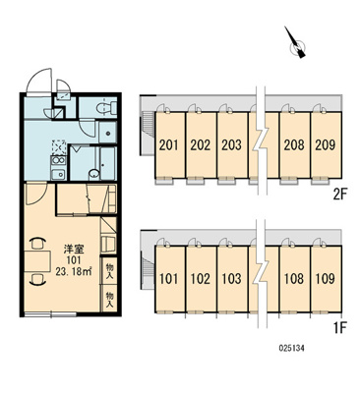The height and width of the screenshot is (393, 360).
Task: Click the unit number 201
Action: (x=169, y=145)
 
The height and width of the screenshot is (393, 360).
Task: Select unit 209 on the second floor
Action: (x=326, y=145)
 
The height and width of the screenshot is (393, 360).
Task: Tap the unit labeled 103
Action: (x=231, y=279)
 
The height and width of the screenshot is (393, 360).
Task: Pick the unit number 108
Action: (x=294, y=279)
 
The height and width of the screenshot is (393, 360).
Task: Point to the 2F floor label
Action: (x=340, y=195)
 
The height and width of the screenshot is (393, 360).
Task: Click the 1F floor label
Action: (x=340, y=327)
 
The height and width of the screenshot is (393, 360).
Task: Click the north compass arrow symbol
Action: (x=295, y=43)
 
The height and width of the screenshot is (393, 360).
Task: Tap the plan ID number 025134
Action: (x=291, y=349)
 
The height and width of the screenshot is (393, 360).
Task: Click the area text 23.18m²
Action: (x=74, y=272)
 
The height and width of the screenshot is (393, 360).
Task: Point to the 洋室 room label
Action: (x=74, y=250)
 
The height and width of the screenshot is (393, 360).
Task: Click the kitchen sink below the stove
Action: (x=58, y=175)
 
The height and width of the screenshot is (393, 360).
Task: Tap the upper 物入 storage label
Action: (x=109, y=272)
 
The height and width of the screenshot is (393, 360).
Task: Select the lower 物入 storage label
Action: (x=109, y=300)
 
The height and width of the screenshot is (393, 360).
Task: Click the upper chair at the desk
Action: (x=37, y=244)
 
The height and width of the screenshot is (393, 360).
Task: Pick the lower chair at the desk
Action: (x=37, y=279)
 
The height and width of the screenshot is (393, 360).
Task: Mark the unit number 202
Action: (x=201, y=145)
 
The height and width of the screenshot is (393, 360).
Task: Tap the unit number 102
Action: (x=201, y=279)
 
